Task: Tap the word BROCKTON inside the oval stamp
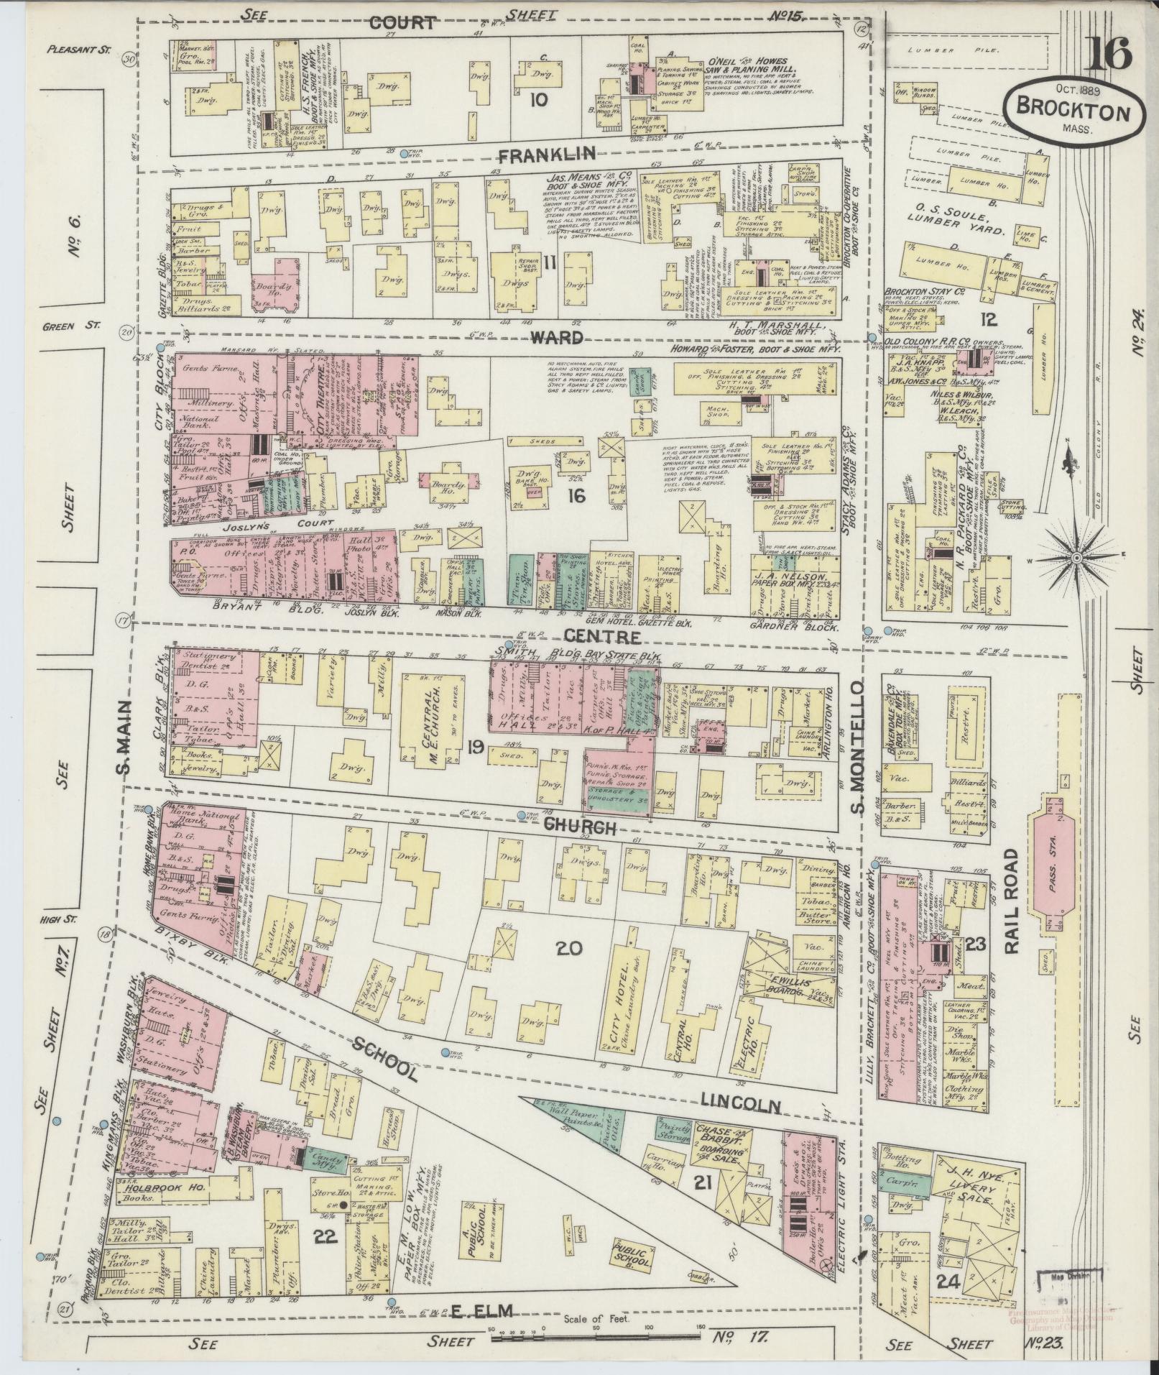[1073, 111]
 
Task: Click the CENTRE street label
[591, 637]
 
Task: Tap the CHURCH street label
[581, 827]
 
